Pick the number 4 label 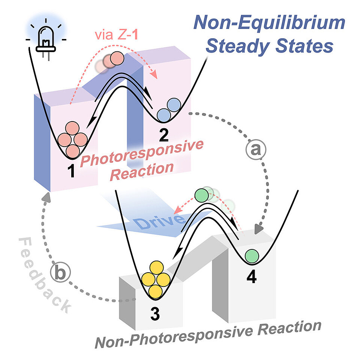point(251,277)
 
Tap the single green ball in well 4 point(252,256)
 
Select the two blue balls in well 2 point(169,109)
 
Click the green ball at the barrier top point(202,195)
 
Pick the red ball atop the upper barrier point(116,59)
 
